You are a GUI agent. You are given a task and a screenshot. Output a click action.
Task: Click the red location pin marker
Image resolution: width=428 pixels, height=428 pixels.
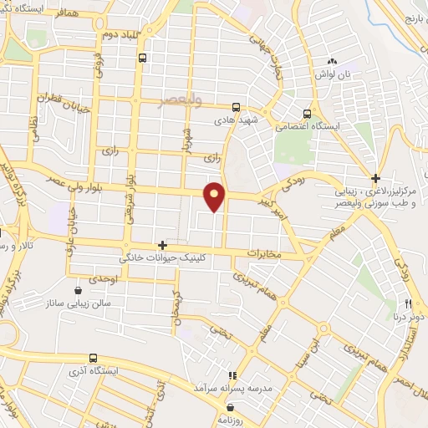tap(216, 196)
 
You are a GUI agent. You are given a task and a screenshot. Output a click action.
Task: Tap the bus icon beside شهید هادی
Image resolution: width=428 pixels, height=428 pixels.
tap(237, 107)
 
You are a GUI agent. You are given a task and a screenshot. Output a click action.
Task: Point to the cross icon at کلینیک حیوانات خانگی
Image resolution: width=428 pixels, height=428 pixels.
tap(162, 246)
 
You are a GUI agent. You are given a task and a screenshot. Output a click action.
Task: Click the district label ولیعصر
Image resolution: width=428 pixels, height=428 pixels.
tap(183, 101)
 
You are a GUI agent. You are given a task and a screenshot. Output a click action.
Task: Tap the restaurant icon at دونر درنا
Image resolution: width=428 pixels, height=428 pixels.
tap(409, 303)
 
